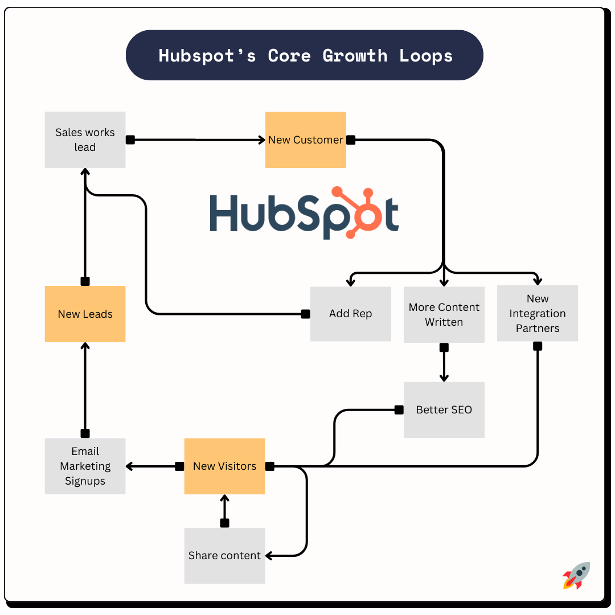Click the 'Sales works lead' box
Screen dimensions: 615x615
pos(85,140)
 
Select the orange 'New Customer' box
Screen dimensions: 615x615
pos(305,140)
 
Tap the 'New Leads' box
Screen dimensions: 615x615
pos(85,314)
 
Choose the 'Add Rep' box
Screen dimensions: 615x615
pos(350,314)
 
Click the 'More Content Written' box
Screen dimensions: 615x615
pos(444,314)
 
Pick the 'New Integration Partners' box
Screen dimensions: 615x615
pos(537,313)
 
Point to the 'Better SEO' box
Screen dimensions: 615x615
pos(444,409)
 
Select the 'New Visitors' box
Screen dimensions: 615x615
pos(224,466)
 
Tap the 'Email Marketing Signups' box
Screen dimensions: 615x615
pos(85,466)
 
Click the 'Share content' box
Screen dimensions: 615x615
pos(224,555)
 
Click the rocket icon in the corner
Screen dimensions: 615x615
pos(576,575)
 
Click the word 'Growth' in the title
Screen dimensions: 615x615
pos(355,56)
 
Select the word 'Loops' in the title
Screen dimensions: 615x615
pos(426,56)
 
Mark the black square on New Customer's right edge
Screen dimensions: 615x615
pos(351,140)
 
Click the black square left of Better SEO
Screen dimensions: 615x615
pos(399,409)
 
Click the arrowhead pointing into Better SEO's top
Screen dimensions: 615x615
pos(444,378)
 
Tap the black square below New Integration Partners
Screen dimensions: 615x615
pos(538,346)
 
